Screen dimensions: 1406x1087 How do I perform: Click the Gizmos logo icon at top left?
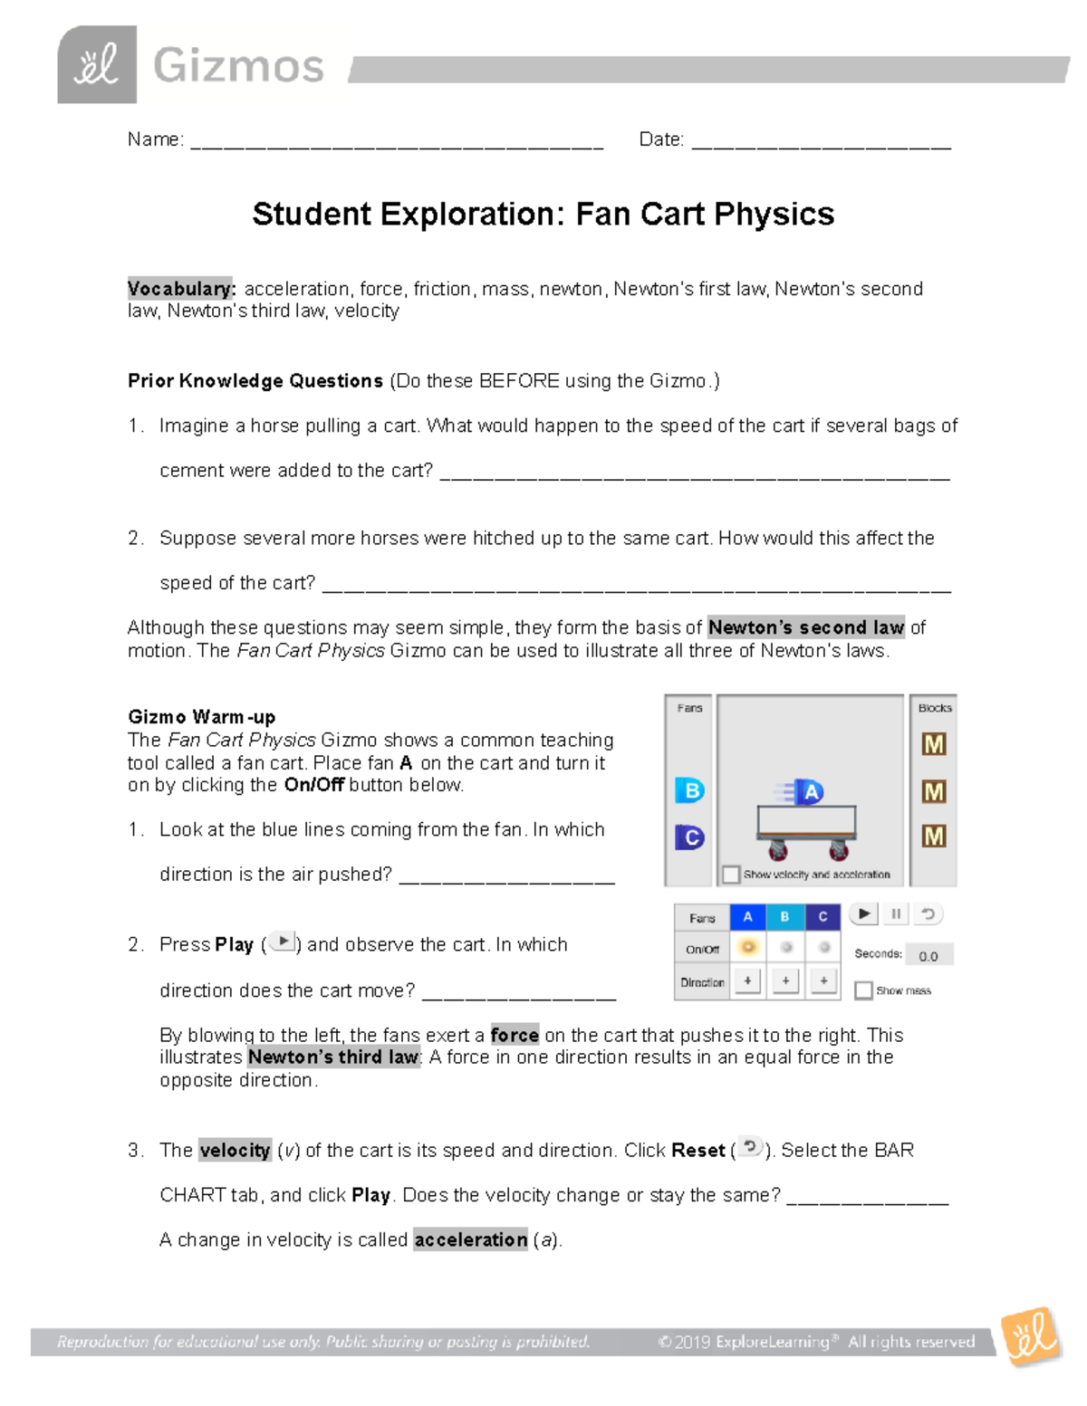click(x=97, y=65)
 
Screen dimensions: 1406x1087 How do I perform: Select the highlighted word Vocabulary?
click(x=181, y=289)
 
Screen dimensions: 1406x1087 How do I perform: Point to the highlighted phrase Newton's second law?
click(x=805, y=627)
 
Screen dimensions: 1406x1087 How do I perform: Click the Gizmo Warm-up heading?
click(x=201, y=717)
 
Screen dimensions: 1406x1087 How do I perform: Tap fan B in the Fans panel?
click(x=690, y=790)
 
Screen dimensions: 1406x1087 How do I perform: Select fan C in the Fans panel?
click(x=690, y=837)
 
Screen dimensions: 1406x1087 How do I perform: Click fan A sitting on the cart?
click(x=809, y=792)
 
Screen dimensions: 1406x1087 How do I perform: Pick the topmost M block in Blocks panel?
click(x=933, y=744)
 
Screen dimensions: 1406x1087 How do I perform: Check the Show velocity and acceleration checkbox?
click(x=731, y=875)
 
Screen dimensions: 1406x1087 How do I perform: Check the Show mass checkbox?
click(x=863, y=990)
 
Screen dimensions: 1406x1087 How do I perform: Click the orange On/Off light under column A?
click(x=748, y=948)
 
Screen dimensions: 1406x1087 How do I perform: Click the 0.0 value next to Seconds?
click(x=928, y=956)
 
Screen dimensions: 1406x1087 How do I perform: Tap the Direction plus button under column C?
click(x=823, y=981)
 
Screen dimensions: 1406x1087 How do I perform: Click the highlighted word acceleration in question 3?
click(x=471, y=1239)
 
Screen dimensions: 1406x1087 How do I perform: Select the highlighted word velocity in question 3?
click(x=235, y=1151)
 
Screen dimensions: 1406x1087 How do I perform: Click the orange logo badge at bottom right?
click(x=1031, y=1336)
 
